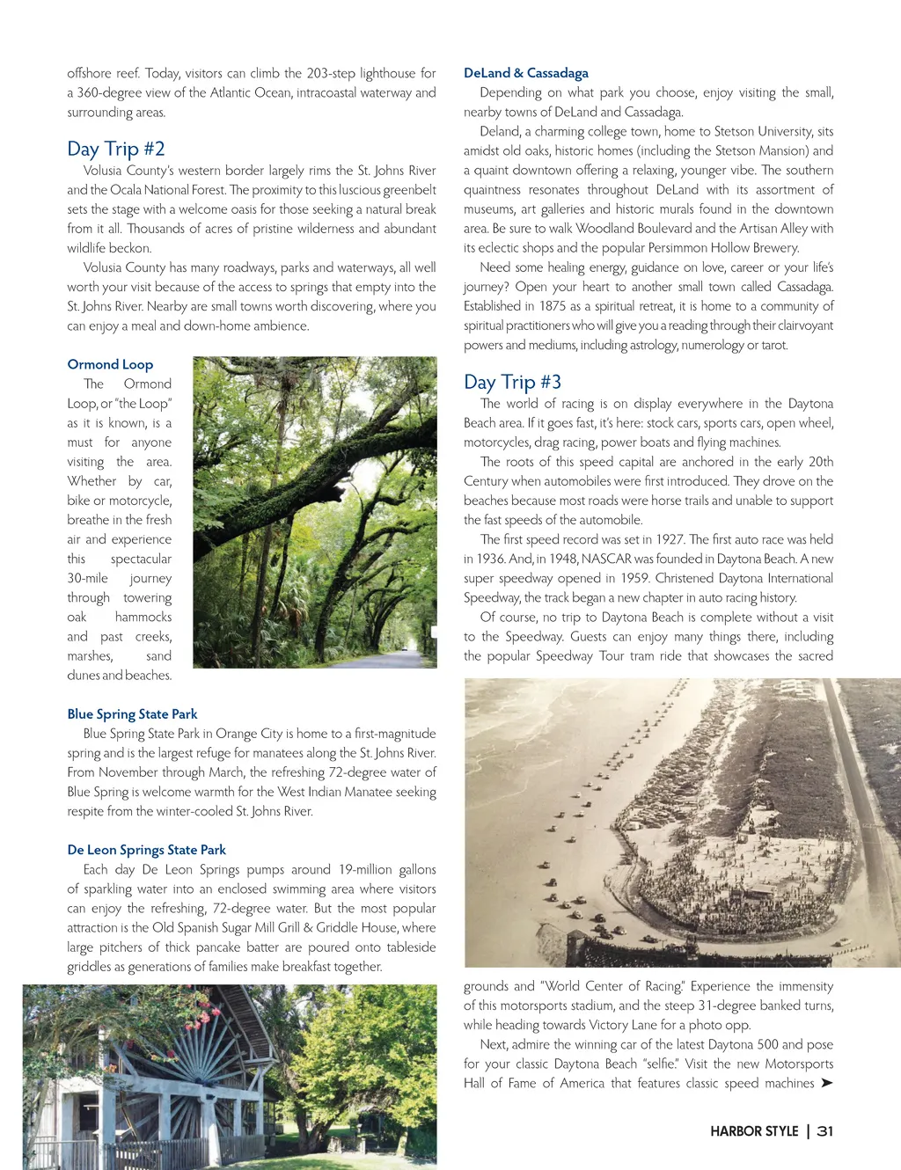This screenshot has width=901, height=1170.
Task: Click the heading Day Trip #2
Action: click(x=116, y=149)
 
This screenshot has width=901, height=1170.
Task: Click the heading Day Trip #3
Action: click(x=512, y=382)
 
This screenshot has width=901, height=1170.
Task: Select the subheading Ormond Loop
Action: click(x=110, y=364)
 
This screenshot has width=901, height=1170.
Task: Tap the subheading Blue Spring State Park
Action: click(x=132, y=713)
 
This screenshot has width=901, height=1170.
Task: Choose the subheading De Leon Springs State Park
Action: click(x=146, y=850)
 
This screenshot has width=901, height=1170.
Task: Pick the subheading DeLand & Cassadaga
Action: click(x=526, y=73)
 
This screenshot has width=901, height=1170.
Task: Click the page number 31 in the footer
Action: click(x=824, y=1131)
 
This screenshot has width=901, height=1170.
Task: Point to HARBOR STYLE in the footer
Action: click(x=754, y=1131)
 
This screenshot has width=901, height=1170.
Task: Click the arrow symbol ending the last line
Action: click(x=826, y=1083)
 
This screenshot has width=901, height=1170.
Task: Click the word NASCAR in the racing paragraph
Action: click(x=605, y=559)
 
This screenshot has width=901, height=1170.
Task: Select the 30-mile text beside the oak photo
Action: click(x=88, y=578)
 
